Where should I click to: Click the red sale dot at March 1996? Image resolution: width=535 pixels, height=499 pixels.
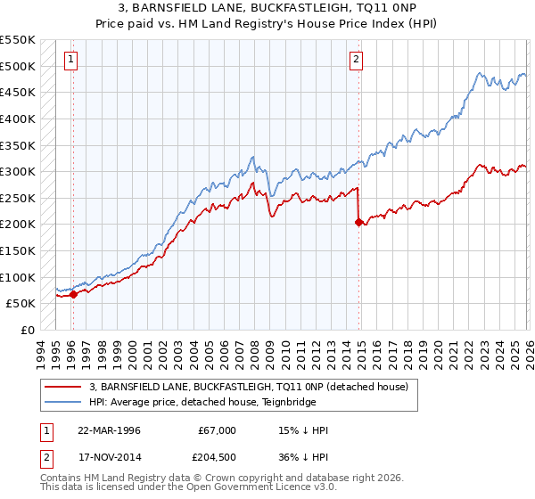[x=73, y=295]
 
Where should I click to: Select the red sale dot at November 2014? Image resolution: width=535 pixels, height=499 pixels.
[x=358, y=222]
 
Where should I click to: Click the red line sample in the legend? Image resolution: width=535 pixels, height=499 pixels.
[x=63, y=387]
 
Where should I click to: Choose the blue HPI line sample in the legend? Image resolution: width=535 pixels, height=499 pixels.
[x=63, y=402]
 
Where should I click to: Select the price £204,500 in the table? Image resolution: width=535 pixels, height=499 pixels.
[x=217, y=457]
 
